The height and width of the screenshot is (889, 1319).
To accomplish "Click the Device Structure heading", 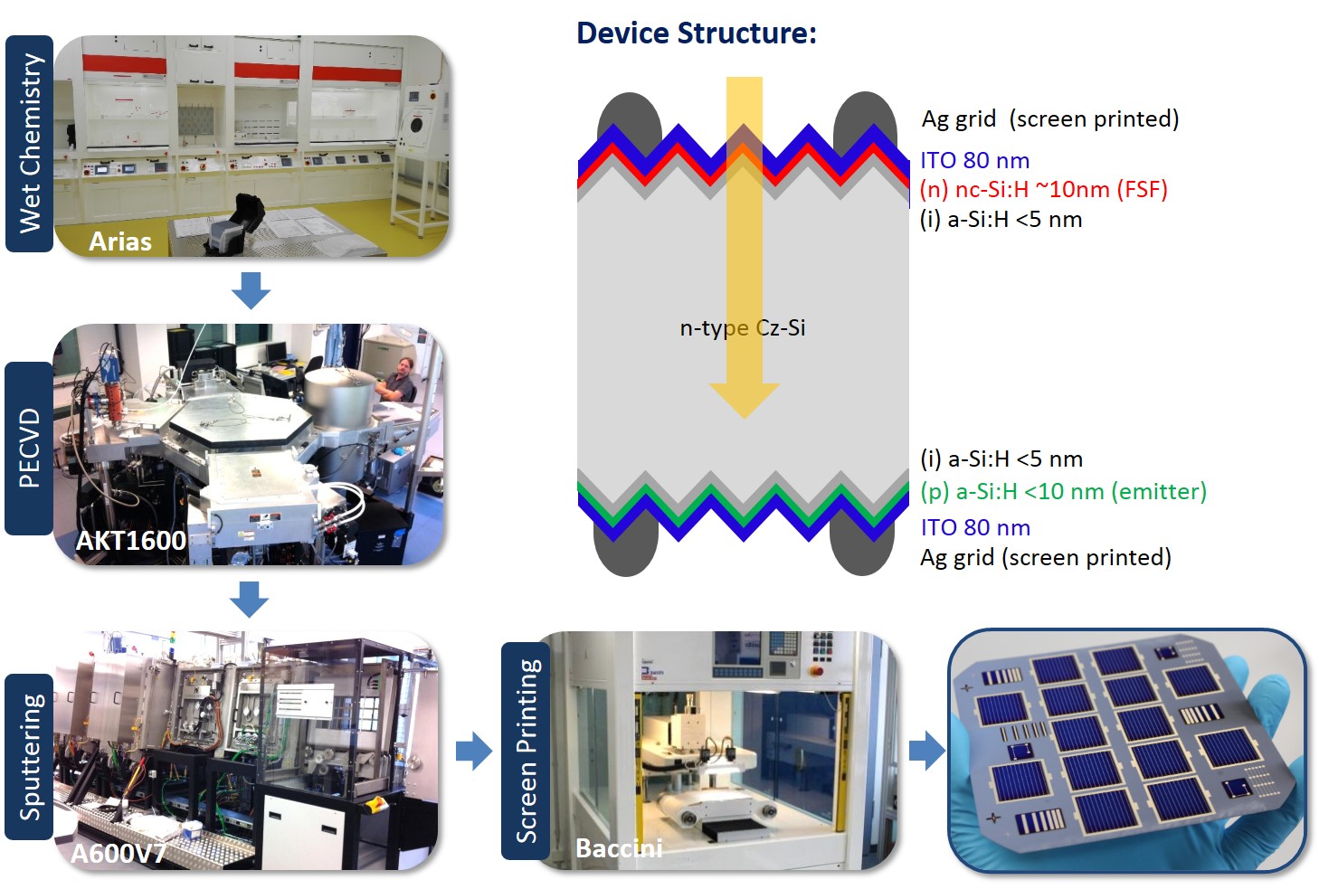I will point(696,33).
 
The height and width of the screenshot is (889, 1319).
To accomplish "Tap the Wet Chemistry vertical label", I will point(30,143).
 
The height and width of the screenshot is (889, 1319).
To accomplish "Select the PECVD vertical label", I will point(29,448).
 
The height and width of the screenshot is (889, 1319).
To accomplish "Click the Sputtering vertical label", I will point(31,756).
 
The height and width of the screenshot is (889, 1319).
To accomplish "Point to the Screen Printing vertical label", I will point(526,751).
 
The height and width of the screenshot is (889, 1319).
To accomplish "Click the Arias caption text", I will point(119,241).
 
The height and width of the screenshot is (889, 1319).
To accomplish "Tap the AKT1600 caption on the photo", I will point(130,541).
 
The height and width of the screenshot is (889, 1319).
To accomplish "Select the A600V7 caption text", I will point(118,854).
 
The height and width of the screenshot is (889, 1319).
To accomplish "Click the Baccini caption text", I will point(619,848).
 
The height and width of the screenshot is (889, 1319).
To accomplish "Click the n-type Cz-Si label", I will point(742,327).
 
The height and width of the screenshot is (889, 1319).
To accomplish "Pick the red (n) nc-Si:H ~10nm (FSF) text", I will point(1043,190).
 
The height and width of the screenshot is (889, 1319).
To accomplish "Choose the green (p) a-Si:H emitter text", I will point(1063,491).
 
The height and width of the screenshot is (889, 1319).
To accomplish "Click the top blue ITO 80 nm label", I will point(974,161).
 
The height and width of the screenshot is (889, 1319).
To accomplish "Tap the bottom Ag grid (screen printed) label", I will point(1045,557).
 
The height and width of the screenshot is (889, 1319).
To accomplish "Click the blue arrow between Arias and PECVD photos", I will point(251,290).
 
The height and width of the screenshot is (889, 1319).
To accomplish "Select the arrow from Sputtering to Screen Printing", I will point(473,751).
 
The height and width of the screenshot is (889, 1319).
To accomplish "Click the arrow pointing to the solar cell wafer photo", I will point(925,751).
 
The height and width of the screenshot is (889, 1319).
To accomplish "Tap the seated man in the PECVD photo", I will point(396,380).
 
